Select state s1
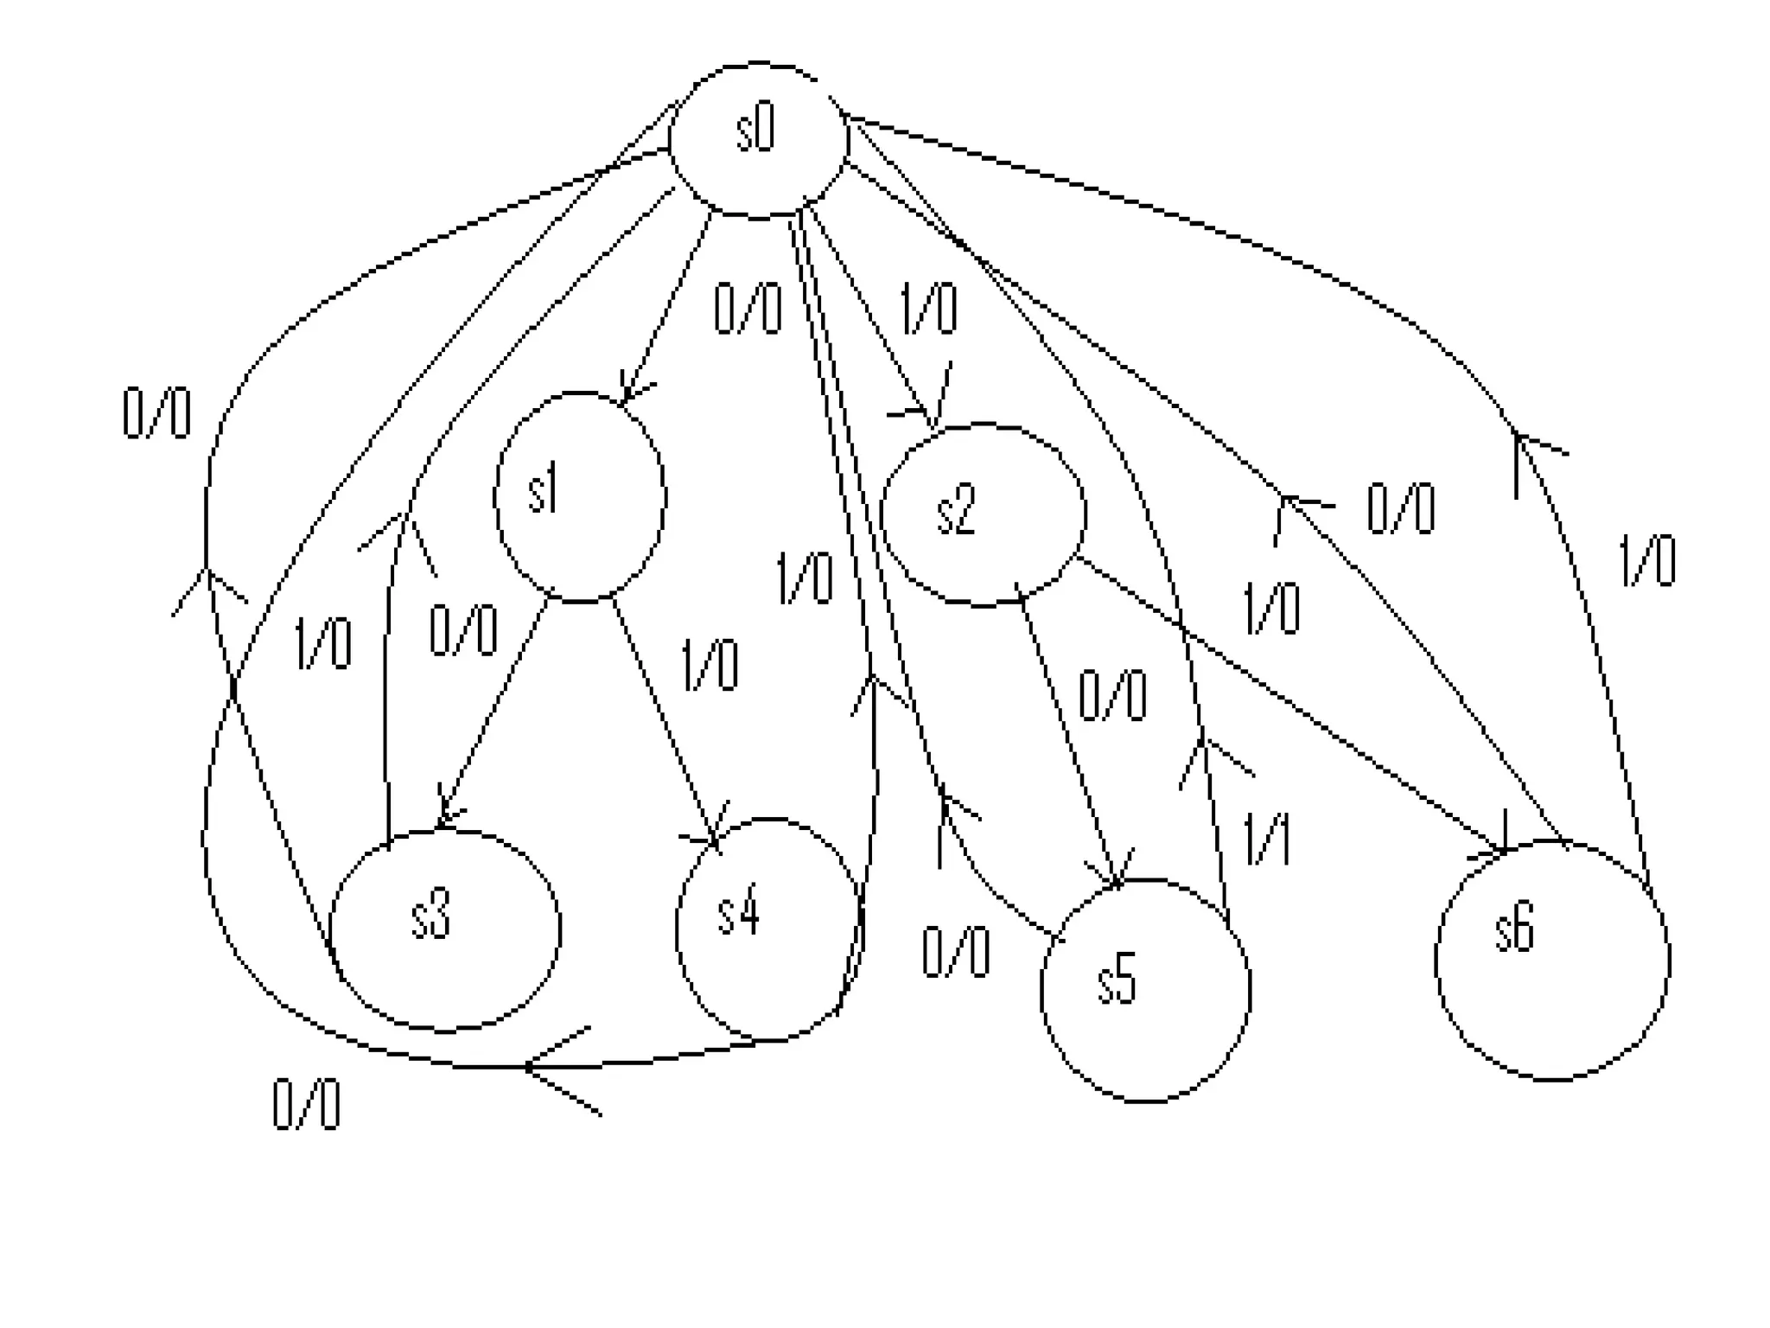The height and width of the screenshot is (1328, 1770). pos(580,497)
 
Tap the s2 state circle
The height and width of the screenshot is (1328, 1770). pos(983,514)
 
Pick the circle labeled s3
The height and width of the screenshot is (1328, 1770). pos(445,930)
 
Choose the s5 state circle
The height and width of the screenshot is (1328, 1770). pos(1145,990)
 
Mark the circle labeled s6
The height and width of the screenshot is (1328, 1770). pos(1552,961)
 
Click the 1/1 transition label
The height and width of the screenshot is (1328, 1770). pos(1267,840)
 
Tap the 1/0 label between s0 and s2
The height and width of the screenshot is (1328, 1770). pos(929,309)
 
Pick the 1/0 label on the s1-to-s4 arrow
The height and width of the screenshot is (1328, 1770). pos(710,665)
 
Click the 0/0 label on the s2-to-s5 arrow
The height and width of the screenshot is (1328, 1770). pos(1112,695)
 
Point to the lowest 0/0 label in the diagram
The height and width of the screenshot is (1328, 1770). pos(306,1105)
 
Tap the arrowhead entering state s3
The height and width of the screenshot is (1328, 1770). pos(444,818)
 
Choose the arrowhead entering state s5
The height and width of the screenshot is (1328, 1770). pos(1116,878)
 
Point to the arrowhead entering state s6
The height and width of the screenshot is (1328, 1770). pos(1499,851)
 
